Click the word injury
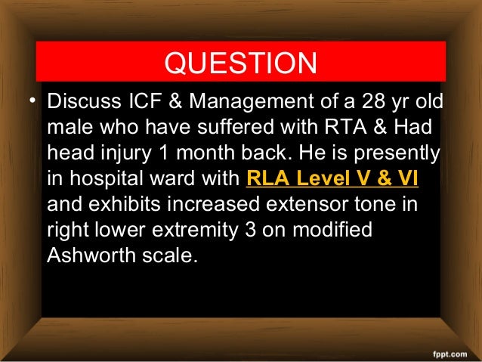[x=126, y=152]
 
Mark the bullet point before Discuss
[x=34, y=101]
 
